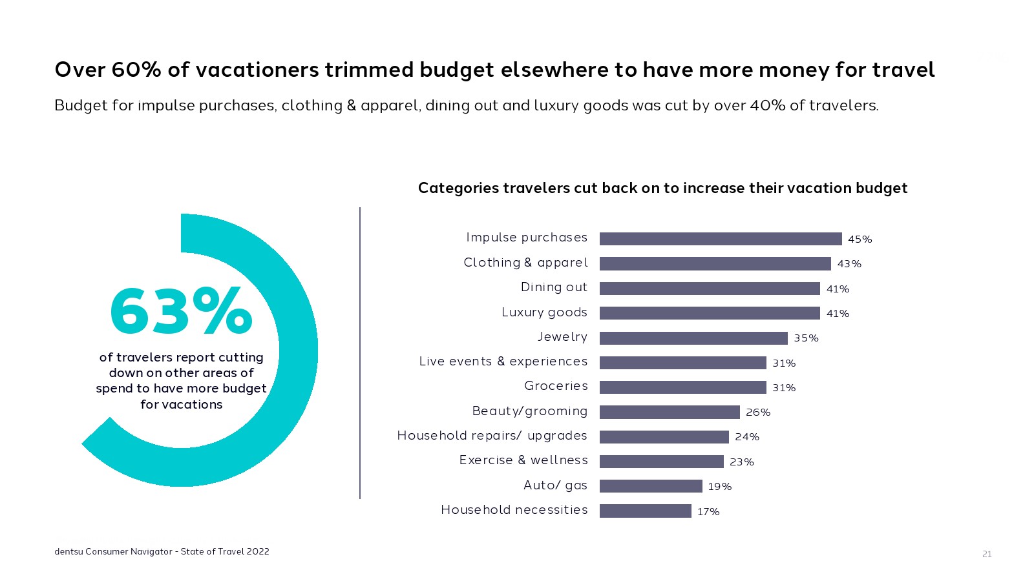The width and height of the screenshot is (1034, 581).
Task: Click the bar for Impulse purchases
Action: (x=721, y=239)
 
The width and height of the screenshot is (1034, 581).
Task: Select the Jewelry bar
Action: (x=693, y=338)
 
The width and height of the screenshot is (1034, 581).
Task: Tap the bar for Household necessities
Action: (x=645, y=511)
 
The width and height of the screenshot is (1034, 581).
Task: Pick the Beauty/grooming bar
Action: (x=670, y=412)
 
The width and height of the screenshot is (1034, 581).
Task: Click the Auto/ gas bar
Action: (x=651, y=486)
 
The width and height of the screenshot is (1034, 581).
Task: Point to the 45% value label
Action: (x=860, y=240)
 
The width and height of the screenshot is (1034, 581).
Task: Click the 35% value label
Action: (x=806, y=338)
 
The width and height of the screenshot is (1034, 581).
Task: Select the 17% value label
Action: (x=708, y=512)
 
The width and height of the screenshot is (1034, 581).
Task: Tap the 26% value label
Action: (x=758, y=413)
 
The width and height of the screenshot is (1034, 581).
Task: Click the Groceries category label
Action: (x=556, y=386)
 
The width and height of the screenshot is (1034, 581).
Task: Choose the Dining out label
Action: (x=554, y=287)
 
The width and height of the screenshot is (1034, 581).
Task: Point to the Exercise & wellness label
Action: (x=523, y=460)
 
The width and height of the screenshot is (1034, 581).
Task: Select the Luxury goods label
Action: (x=544, y=312)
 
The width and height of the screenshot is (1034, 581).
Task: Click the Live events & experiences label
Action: (x=503, y=362)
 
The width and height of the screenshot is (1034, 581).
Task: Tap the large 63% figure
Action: (x=181, y=312)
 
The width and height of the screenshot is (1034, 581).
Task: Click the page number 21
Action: (x=987, y=554)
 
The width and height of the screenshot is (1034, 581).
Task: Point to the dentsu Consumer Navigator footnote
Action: (x=162, y=551)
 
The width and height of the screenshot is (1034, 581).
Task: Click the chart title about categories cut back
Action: (x=662, y=188)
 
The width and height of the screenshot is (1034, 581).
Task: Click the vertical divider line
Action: (x=360, y=352)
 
